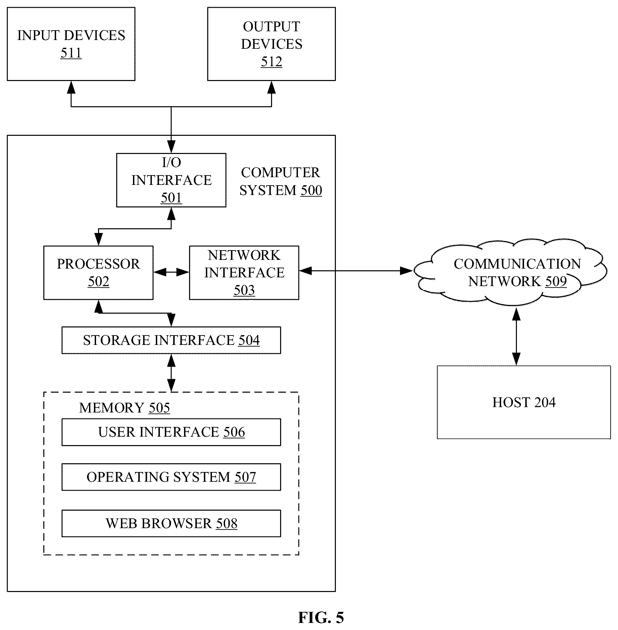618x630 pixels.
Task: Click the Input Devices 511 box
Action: pos(71,44)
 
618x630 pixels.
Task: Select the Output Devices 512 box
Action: pos(271,44)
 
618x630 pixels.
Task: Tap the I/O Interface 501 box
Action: pos(171,180)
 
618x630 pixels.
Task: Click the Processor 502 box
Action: pos(98,273)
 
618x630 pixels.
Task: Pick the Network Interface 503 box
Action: pos(244,273)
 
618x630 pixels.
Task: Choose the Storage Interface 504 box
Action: pos(171,340)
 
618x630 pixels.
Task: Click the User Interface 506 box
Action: pos(171,432)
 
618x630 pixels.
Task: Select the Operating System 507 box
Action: pos(171,477)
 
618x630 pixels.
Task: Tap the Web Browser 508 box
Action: pos(171,523)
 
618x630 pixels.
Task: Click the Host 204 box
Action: pos(524,402)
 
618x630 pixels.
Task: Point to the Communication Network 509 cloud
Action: pos(511,272)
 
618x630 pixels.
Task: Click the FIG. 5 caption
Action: pos(321,618)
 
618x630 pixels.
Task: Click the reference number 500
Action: pos(311,191)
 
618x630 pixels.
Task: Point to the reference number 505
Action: pos(159,408)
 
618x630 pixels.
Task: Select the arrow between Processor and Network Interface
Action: pos(171,272)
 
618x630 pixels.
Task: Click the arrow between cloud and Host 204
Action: pos(516,337)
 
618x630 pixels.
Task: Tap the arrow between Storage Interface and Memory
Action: pos(171,373)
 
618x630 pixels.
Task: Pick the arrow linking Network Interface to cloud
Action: pos(356,270)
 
